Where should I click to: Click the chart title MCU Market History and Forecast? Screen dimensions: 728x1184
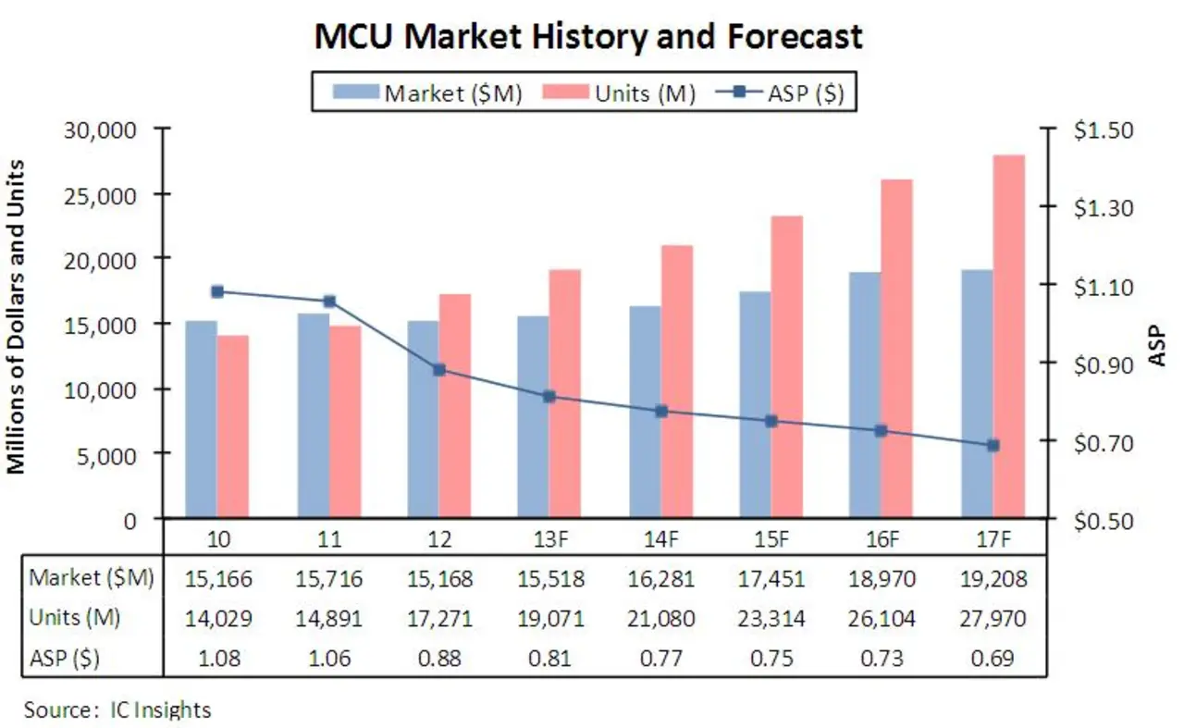pyautogui.click(x=589, y=37)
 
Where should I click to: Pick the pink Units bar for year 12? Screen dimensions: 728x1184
pyautogui.click(x=454, y=406)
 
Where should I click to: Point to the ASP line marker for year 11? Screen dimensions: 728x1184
pyautogui.click(x=329, y=302)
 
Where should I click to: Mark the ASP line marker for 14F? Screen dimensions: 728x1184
pyautogui.click(x=661, y=411)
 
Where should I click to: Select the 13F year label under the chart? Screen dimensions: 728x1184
pyautogui.click(x=551, y=539)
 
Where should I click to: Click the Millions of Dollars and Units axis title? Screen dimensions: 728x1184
pyautogui.click(x=16, y=315)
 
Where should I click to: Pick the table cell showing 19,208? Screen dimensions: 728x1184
pyautogui.click(x=993, y=580)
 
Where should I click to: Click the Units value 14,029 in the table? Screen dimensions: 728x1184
pyautogui.click(x=218, y=619)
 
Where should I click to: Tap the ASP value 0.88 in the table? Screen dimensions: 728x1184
pyautogui.click(x=440, y=659)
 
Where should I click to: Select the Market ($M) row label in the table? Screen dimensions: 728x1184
pyautogui.click(x=92, y=580)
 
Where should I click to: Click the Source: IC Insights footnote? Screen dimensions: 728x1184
pyautogui.click(x=117, y=710)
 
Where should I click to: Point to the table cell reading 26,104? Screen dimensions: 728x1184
pyautogui.click(x=882, y=619)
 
